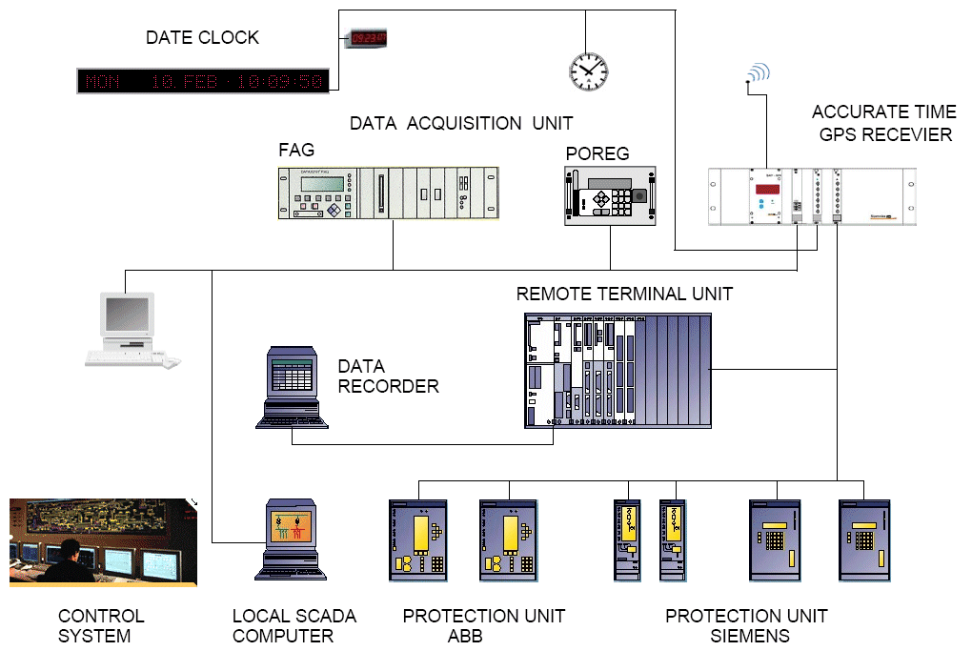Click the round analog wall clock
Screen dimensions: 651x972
coord(588,70)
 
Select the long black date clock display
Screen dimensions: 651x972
coord(203,81)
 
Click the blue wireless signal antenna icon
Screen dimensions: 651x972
coord(758,73)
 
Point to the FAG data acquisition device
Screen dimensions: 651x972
coord(389,193)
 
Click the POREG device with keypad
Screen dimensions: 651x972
coord(610,195)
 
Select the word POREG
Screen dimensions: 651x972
coord(597,154)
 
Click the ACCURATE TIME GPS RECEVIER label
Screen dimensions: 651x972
coord(885,124)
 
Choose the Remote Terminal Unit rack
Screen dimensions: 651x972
coord(618,370)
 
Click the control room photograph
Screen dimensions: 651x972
coord(103,541)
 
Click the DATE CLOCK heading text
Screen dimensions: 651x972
coord(202,38)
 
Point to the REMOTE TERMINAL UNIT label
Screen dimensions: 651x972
coord(624,294)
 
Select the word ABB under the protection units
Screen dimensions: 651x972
coord(466,636)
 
